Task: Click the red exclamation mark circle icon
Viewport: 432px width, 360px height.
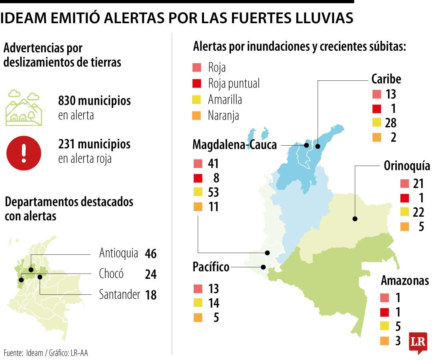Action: point(24,150)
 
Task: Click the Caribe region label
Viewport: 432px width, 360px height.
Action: point(386,79)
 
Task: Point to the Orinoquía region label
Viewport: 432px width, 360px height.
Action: point(407,166)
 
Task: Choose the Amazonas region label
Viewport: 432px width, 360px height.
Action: point(405,280)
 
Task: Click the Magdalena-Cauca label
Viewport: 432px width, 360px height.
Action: point(235,144)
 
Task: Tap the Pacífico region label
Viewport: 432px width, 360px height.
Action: point(211,267)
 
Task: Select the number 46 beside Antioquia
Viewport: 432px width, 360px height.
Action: point(151,254)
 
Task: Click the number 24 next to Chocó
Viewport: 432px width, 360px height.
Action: point(151,274)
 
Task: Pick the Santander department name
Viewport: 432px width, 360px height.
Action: point(120,295)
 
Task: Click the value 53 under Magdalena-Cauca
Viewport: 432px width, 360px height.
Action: point(213,192)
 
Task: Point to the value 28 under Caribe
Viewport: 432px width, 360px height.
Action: point(391,123)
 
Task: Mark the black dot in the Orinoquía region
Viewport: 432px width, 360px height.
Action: point(354,219)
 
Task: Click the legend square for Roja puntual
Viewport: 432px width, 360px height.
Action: point(196,83)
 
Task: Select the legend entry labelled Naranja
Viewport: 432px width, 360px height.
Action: point(223,116)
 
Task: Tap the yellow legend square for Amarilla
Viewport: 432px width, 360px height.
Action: point(196,99)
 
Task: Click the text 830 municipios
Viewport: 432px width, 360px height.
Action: point(94,100)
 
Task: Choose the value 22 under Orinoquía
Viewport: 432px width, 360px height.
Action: point(418,212)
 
